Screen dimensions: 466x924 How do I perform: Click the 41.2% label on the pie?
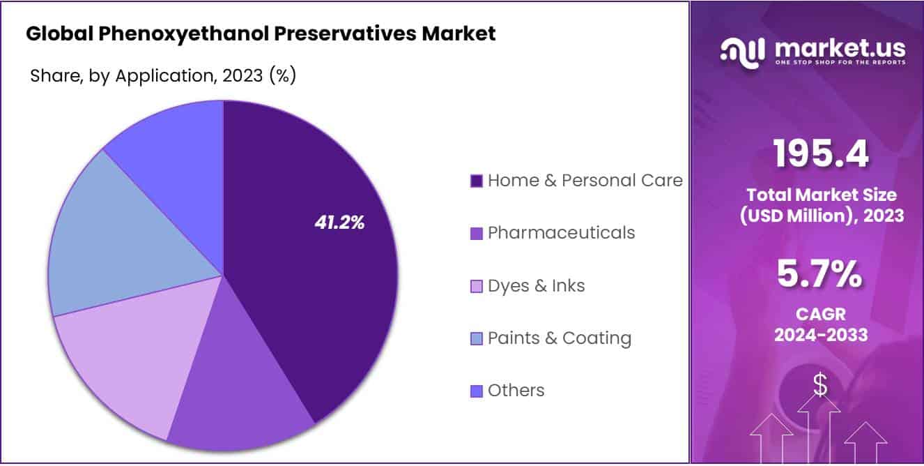click(x=339, y=223)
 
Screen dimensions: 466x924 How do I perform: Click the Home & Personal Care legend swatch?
click(x=477, y=181)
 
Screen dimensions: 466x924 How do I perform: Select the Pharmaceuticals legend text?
click(x=561, y=232)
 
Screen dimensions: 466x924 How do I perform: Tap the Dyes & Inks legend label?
click(x=536, y=285)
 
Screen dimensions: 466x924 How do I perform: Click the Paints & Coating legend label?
click(x=559, y=338)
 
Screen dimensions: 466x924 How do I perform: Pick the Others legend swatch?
click(x=477, y=391)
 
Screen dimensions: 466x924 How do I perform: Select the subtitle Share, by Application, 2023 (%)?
click(x=163, y=75)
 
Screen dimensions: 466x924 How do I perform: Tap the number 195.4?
click(x=821, y=154)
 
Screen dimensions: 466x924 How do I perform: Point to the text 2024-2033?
click(x=821, y=335)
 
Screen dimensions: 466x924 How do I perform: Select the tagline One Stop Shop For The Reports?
click(x=840, y=63)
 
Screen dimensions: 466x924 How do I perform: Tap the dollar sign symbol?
click(x=820, y=384)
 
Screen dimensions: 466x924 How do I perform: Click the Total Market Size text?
click(x=821, y=195)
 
